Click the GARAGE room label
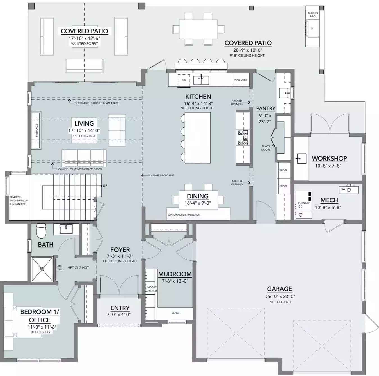click(279, 289)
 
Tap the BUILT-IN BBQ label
click(312, 15)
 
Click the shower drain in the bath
click(42, 269)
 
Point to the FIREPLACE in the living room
click(36, 130)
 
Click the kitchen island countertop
click(198, 137)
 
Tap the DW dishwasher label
click(184, 80)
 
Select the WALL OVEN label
click(241, 80)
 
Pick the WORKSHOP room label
click(329, 159)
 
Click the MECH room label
click(329, 200)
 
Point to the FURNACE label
click(304, 203)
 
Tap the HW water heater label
click(343, 189)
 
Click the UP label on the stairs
click(105, 186)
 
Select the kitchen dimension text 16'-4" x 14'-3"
click(198, 103)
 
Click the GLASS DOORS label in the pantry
click(266, 148)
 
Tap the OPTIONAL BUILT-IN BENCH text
click(184, 215)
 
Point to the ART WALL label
click(61, 267)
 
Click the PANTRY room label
click(266, 109)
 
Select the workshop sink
click(301, 159)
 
